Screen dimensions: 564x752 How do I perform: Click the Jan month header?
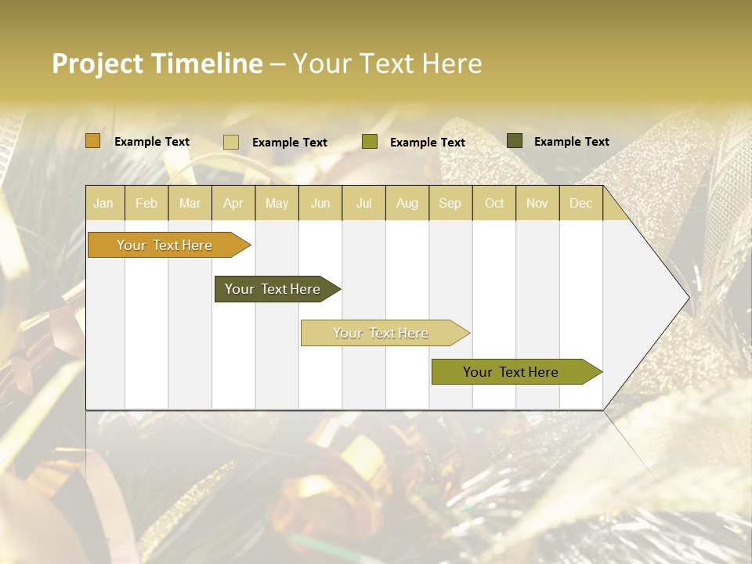click(x=103, y=204)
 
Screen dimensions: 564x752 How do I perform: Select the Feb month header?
click(x=146, y=204)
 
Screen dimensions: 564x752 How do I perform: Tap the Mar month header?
click(x=190, y=204)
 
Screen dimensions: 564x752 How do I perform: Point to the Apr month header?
click(x=233, y=204)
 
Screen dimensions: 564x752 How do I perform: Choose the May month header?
click(x=277, y=204)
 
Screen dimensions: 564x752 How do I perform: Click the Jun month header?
click(x=320, y=204)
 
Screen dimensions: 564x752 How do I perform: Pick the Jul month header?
click(x=363, y=204)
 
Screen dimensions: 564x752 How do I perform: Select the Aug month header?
click(x=407, y=204)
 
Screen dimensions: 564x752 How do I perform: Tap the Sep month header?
click(x=450, y=204)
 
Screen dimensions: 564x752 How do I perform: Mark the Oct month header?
click(x=494, y=204)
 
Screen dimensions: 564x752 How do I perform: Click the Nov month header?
click(x=537, y=204)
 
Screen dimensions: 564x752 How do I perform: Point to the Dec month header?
click(x=580, y=204)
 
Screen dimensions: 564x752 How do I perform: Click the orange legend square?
click(x=92, y=141)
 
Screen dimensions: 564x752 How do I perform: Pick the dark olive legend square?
click(x=515, y=141)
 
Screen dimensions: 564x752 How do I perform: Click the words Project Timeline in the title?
click(x=157, y=63)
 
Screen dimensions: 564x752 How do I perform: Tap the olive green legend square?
click(x=370, y=142)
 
